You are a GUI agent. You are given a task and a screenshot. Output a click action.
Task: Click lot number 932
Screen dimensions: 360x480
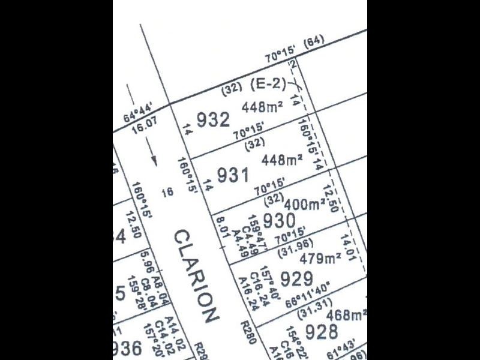click(211, 120)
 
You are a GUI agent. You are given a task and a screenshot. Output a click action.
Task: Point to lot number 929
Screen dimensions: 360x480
click(296, 278)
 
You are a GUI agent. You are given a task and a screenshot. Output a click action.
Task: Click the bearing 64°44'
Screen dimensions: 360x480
click(137, 114)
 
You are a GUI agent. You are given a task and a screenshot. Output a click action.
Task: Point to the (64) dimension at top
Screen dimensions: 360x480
click(313, 42)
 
